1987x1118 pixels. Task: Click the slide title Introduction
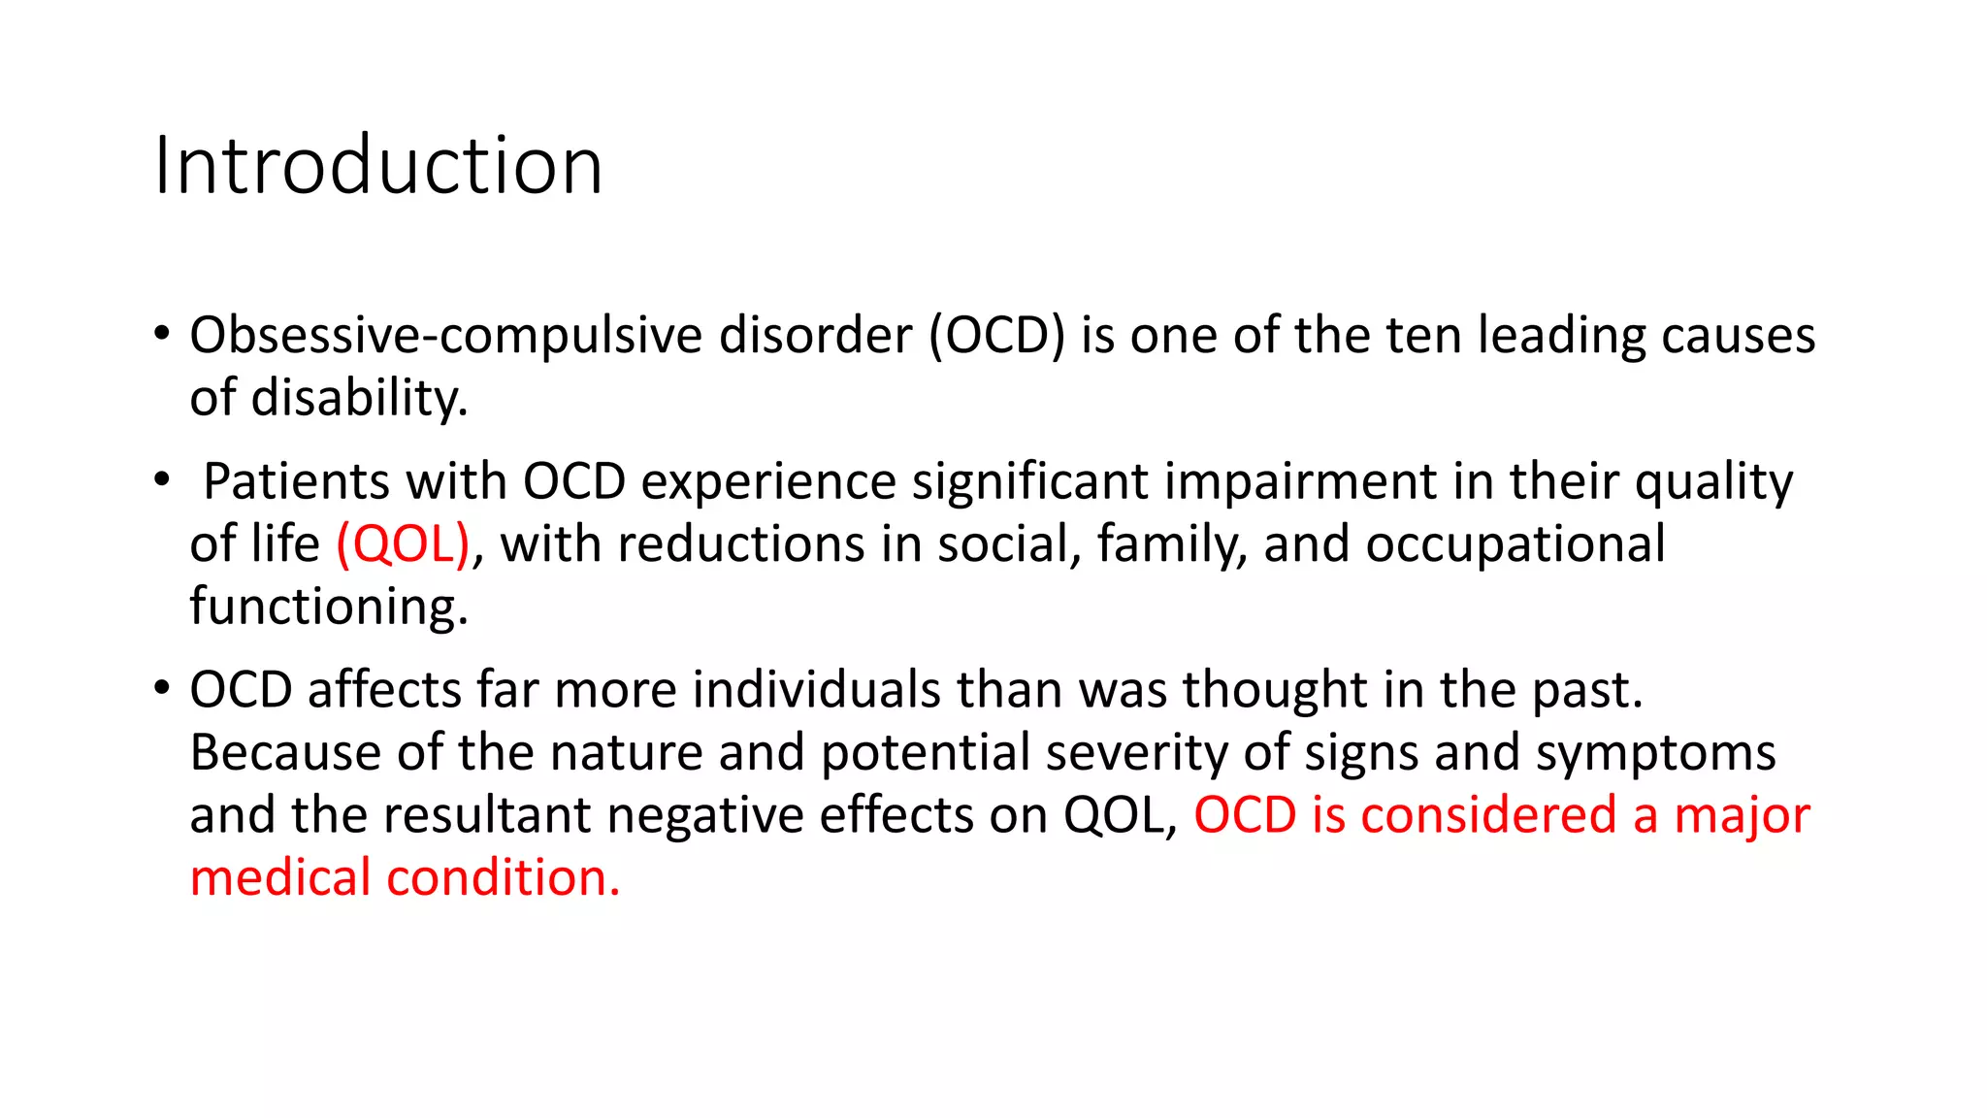point(378,166)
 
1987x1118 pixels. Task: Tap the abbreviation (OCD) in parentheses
point(996,336)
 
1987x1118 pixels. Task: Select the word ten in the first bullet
point(1423,336)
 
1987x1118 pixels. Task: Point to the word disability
point(359,398)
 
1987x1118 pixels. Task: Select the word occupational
point(1515,543)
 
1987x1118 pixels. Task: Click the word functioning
point(329,607)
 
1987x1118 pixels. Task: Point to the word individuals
point(816,690)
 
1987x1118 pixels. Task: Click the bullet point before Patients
point(162,478)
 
